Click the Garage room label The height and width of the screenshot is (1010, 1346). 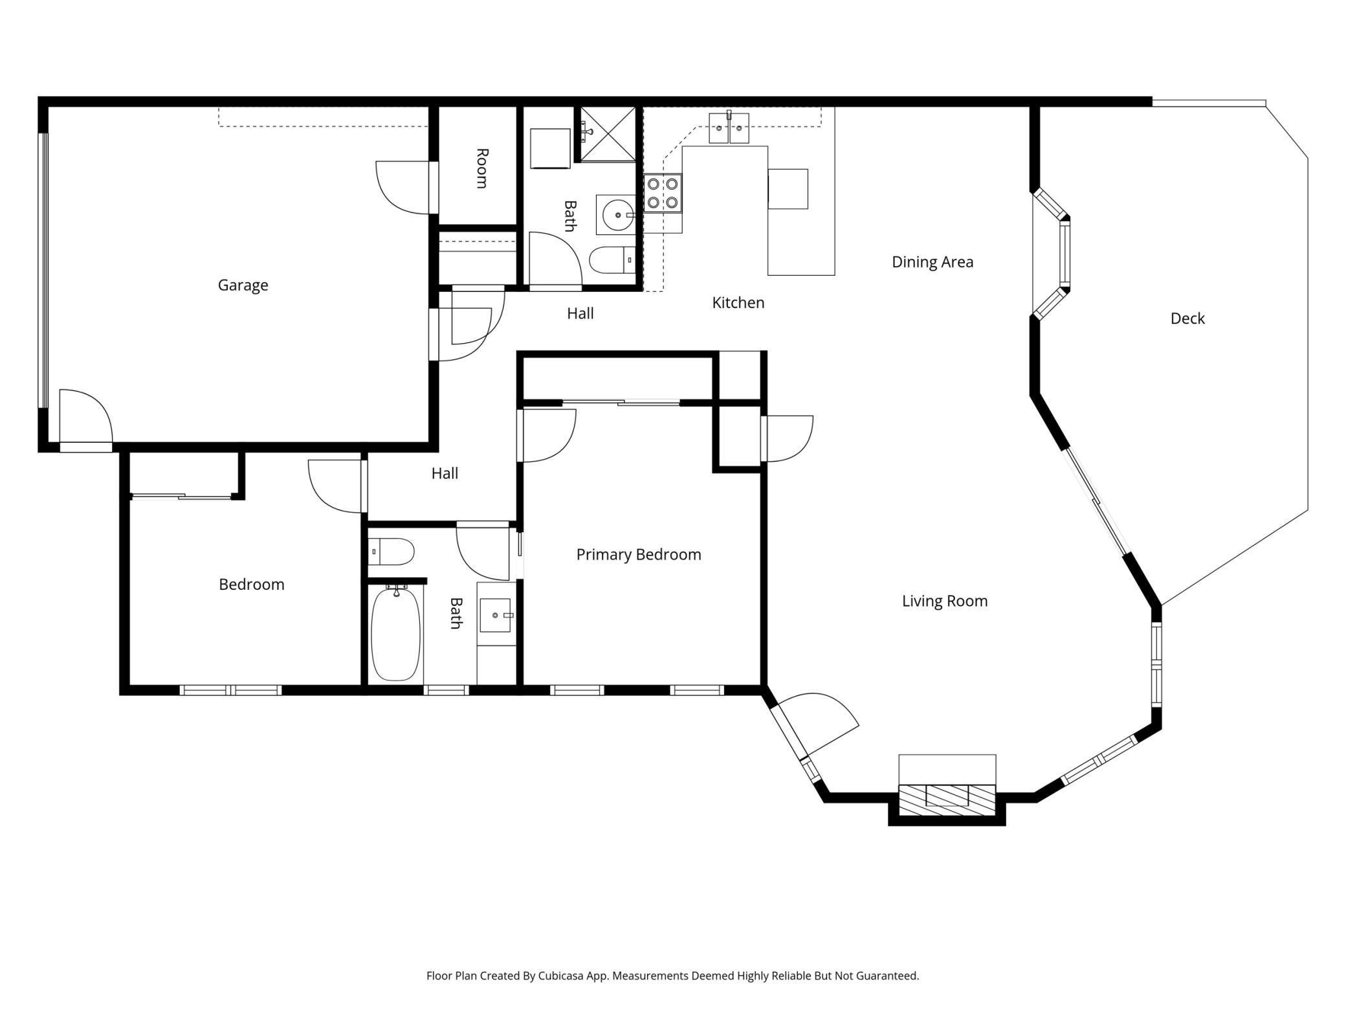coord(243,285)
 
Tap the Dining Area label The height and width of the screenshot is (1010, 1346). coord(932,262)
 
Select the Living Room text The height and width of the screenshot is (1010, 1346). coord(945,601)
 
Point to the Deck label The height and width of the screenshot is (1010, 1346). coord(1187,318)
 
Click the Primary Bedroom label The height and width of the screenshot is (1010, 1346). coord(639,554)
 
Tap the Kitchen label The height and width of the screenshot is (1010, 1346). coord(738,302)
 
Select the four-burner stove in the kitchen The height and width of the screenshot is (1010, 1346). coord(663,193)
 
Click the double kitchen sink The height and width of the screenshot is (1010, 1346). coord(729,128)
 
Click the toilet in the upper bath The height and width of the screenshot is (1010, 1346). coord(612,260)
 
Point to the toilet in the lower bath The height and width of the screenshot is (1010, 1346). coord(391,552)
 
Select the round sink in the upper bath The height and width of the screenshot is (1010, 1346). coord(619,215)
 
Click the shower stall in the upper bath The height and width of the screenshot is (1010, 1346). coord(608,134)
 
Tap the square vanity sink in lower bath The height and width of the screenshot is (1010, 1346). coord(495,615)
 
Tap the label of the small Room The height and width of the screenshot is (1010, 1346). coord(481,168)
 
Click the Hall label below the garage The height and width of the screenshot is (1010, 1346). coord(445,473)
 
